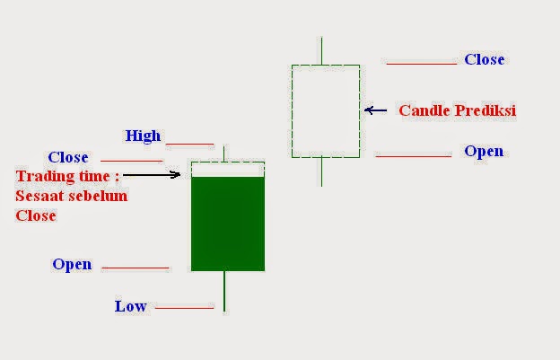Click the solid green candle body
(228, 223)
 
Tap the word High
(143, 136)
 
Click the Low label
(130, 306)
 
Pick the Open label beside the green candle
(72, 264)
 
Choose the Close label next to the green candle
(68, 157)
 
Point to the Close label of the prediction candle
(484, 59)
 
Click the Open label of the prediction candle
(484, 151)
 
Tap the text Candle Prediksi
(458, 110)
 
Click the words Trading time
(67, 175)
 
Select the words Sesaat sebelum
(72, 196)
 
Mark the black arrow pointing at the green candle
(153, 174)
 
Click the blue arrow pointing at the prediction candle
(376, 110)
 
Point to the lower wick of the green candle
(223, 291)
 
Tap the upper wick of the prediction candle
(321, 50)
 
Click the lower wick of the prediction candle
(321, 171)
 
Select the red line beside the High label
(189, 144)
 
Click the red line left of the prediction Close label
(421, 64)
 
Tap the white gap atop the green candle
(228, 169)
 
